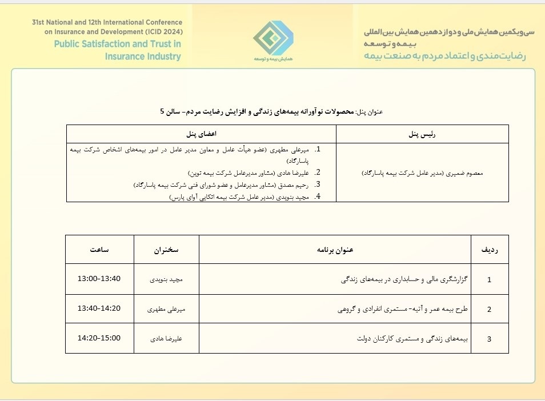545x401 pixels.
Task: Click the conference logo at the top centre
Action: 273,38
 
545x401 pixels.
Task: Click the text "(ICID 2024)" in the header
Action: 161,31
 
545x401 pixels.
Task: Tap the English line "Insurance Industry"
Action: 142,57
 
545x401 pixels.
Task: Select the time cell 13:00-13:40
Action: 99,279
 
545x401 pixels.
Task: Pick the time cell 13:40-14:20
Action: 99,308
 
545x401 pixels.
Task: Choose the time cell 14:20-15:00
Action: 99,338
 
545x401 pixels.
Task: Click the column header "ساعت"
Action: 99,250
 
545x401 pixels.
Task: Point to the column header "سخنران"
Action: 166,250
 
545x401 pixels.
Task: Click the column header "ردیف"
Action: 488,250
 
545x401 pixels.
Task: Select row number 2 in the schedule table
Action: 489,310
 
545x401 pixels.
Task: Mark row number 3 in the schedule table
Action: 489,339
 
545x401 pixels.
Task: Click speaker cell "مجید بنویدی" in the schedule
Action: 166,280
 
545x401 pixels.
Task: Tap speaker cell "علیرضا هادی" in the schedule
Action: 166,339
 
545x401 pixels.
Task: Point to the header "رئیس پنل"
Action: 422,134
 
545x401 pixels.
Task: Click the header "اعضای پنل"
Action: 201,134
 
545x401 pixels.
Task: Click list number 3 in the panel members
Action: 318,185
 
